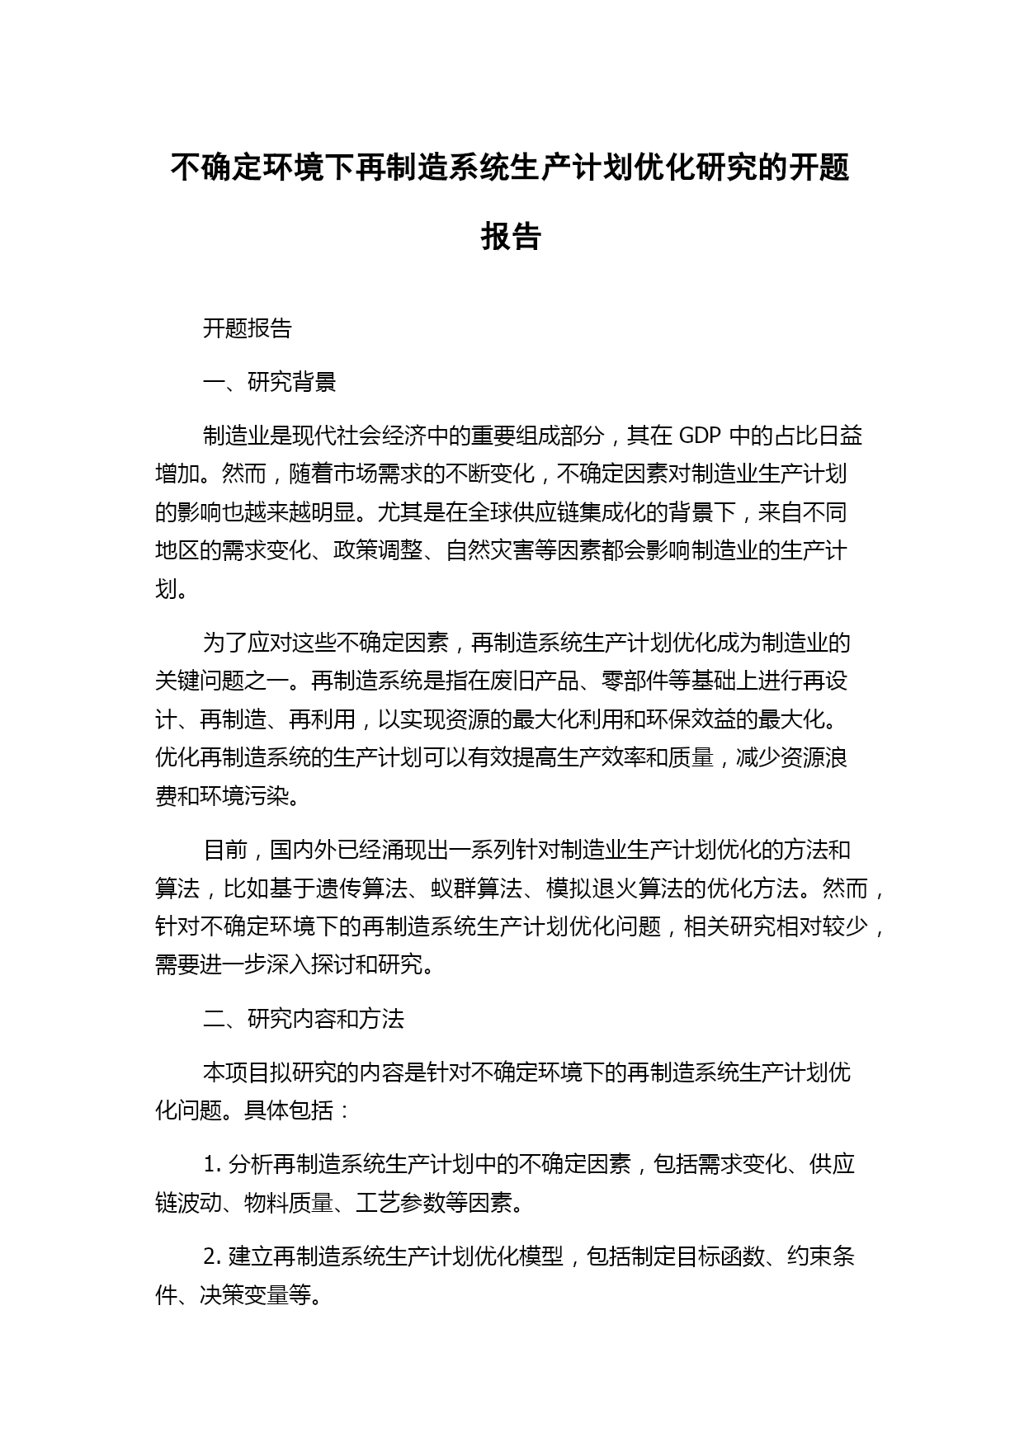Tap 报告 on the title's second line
(511, 237)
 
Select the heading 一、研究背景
(269, 382)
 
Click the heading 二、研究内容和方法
(303, 1019)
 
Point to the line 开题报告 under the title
(247, 328)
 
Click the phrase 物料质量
(289, 1203)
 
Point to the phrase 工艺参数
(400, 1203)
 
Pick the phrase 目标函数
(720, 1256)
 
